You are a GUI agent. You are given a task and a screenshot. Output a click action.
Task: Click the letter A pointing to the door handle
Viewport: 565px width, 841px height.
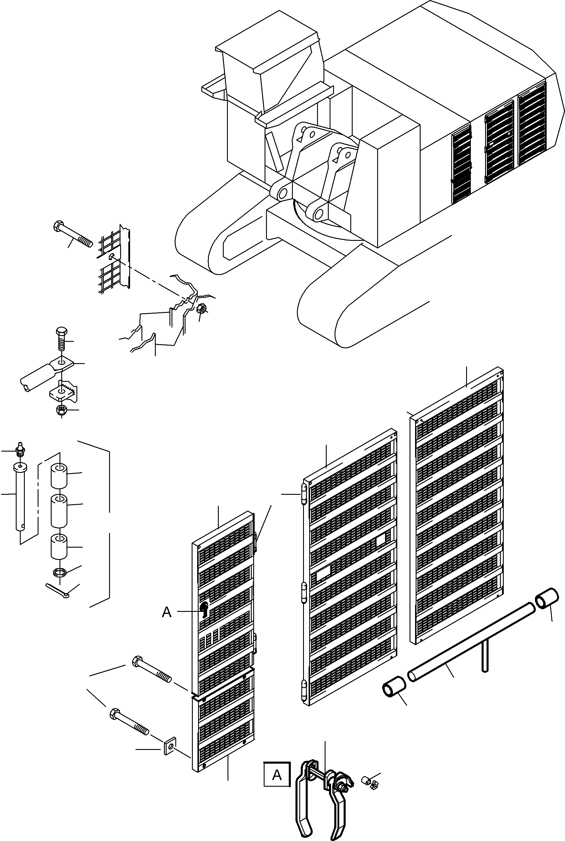tap(167, 612)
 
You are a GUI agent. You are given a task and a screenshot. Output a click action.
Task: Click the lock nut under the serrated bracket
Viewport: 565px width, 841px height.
tap(61, 410)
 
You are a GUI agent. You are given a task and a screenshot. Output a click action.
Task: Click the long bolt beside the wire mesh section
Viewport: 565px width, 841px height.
tap(74, 236)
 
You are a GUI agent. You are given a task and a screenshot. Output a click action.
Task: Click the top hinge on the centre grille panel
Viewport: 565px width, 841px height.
tap(303, 494)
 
